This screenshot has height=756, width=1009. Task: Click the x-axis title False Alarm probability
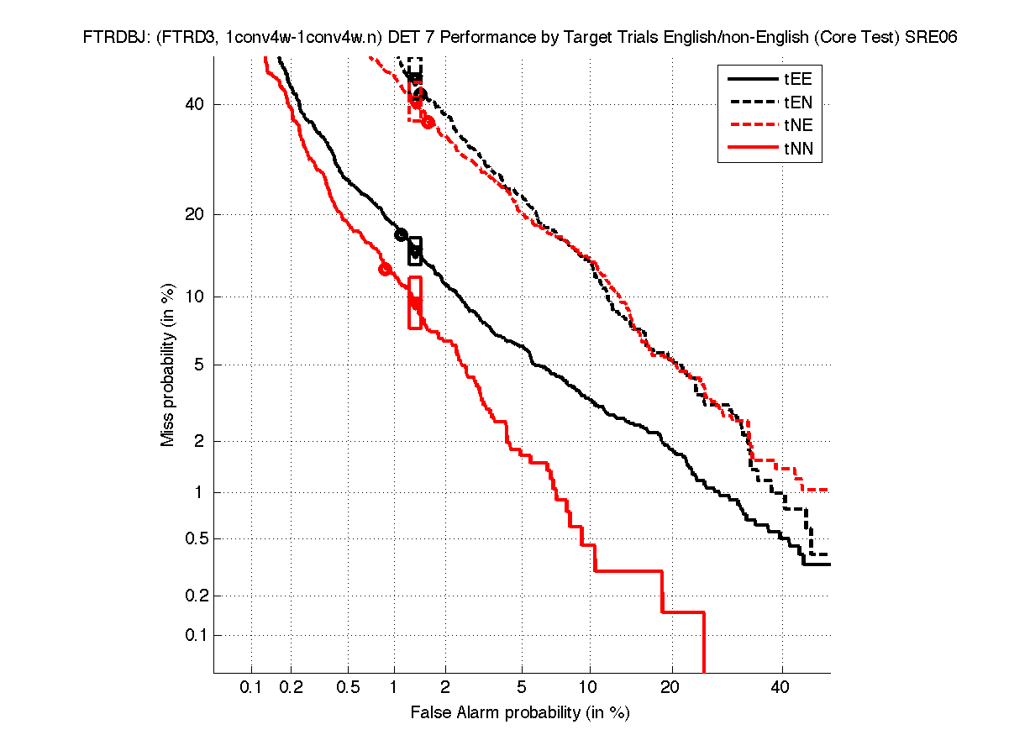[520, 713]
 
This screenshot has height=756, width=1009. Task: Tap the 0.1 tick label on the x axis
[251, 688]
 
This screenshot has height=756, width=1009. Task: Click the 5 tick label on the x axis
[522, 688]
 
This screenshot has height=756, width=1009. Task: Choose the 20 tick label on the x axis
[669, 688]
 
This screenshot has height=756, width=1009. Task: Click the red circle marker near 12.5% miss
[386, 269]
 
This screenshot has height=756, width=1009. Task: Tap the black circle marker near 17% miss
[402, 235]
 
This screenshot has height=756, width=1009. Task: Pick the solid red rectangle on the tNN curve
[415, 302]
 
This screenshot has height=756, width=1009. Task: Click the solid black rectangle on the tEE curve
[415, 251]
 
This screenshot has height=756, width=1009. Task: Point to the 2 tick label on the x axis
[445, 688]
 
